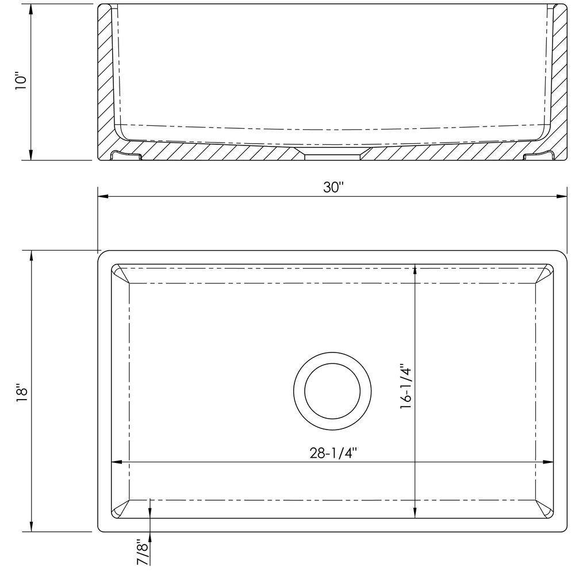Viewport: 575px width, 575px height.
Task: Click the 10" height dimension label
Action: click(x=21, y=83)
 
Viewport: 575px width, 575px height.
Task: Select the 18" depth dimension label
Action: click(x=22, y=393)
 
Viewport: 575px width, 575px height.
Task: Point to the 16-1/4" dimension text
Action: click(x=407, y=386)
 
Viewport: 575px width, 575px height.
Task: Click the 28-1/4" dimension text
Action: click(x=333, y=453)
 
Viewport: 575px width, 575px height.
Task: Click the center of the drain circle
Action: click(x=332, y=391)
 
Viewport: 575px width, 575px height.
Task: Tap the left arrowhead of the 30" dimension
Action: click(x=103, y=197)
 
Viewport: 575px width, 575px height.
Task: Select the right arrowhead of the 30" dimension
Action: click(x=562, y=197)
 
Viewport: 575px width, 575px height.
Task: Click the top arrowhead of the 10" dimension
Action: click(x=31, y=10)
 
